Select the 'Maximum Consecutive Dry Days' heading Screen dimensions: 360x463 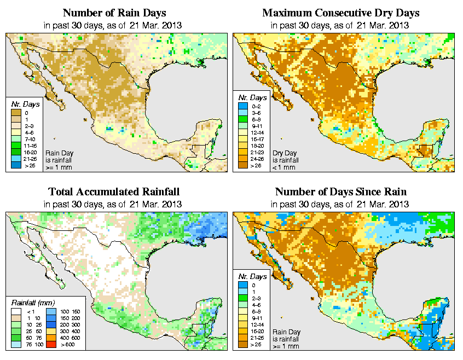click(x=341, y=13)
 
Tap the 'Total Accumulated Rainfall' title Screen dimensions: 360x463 click(x=114, y=192)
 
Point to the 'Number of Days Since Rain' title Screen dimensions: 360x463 click(x=340, y=192)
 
